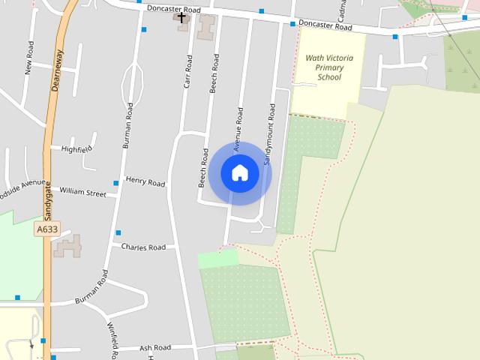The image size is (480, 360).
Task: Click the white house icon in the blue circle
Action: (240, 172)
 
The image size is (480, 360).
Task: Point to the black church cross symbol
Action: (181, 16)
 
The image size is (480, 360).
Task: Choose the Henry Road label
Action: (145, 181)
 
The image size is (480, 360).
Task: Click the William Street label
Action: (83, 193)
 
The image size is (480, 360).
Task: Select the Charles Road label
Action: (143, 247)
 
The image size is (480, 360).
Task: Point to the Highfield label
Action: (76, 149)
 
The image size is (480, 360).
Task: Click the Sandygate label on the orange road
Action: (46, 202)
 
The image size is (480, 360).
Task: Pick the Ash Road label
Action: (156, 348)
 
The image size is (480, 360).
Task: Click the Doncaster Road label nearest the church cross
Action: (175, 10)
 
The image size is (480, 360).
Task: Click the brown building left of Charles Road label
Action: (68, 246)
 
